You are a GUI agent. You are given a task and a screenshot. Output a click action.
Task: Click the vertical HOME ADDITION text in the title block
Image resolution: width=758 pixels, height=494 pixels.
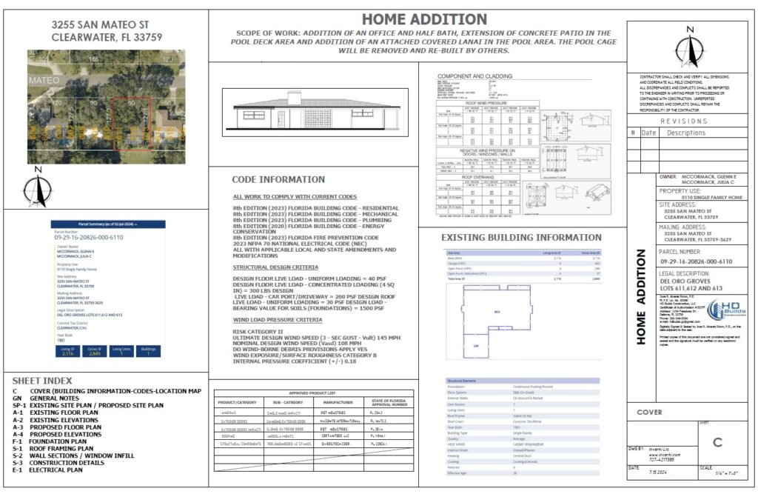coord(642,296)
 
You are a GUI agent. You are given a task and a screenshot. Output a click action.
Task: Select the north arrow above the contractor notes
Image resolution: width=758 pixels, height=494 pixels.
coord(690,47)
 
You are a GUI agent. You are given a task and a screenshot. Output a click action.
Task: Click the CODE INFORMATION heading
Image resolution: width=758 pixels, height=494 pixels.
coord(278,180)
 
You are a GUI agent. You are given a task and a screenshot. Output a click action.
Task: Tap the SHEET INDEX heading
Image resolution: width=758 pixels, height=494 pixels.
coord(38,381)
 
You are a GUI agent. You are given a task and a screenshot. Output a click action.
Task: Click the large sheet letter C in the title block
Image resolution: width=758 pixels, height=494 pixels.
coord(717,443)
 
